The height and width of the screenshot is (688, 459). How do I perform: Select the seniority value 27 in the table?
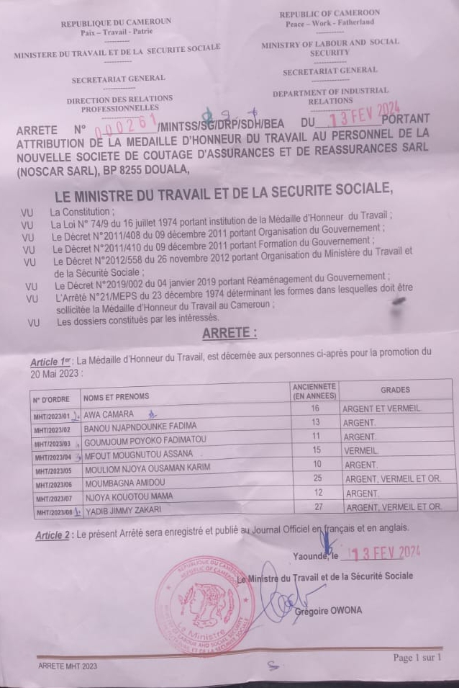click(x=314, y=507)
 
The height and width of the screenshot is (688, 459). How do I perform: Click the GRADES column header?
click(x=395, y=390)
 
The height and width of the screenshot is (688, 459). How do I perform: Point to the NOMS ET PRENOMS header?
click(x=116, y=396)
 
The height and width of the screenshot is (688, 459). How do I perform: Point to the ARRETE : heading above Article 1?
click(x=229, y=333)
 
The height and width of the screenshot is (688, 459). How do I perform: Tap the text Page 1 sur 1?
click(x=417, y=657)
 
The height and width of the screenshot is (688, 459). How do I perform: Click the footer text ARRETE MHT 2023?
click(x=67, y=666)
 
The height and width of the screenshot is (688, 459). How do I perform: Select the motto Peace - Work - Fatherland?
click(x=330, y=22)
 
